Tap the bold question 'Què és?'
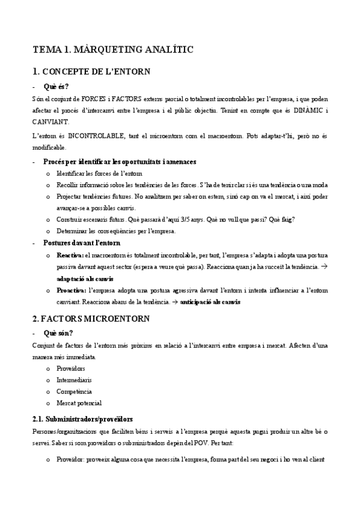(x=56, y=86)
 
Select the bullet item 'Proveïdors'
(x=71, y=368)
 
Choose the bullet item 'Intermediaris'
(x=75, y=380)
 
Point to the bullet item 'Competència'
(x=75, y=392)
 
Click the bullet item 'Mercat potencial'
(x=79, y=403)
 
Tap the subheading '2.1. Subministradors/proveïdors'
(x=82, y=419)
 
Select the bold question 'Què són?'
(x=57, y=332)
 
